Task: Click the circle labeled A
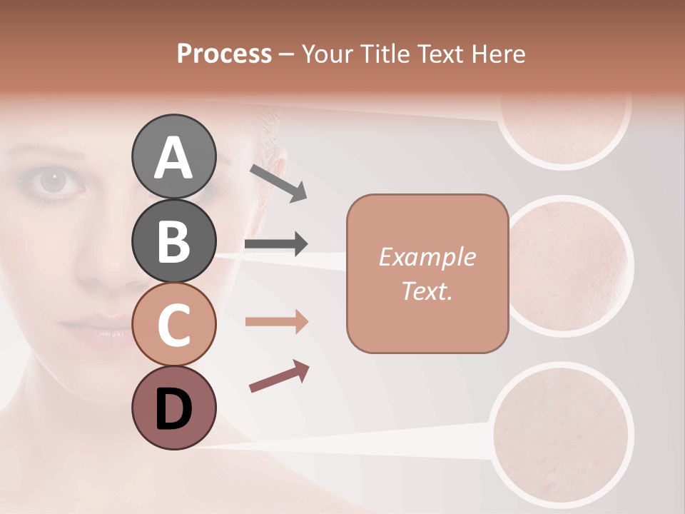click(173, 157)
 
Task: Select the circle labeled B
click(173, 241)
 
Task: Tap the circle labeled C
click(173, 325)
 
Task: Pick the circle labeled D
click(173, 408)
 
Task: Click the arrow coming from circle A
click(278, 183)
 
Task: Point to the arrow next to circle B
click(276, 245)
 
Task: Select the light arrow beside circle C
click(276, 322)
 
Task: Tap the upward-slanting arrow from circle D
click(279, 376)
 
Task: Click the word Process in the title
click(224, 54)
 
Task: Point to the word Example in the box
click(427, 257)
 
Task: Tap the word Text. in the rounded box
click(427, 291)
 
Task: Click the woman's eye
click(52, 181)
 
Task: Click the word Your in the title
click(328, 54)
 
